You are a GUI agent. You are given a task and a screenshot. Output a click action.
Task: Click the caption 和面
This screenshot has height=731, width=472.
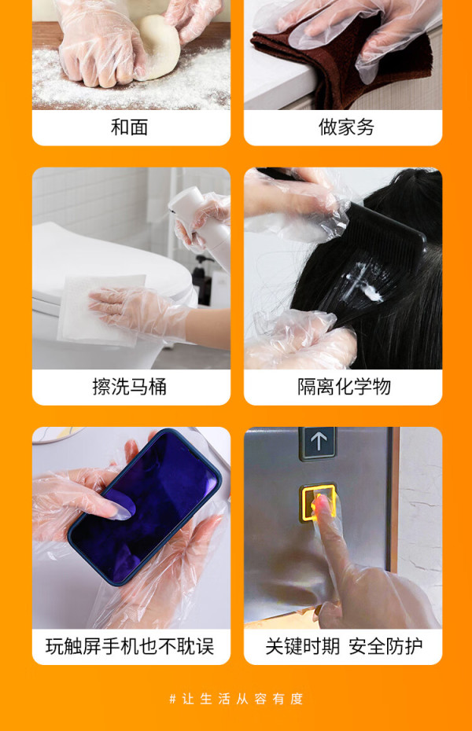pos(129,127)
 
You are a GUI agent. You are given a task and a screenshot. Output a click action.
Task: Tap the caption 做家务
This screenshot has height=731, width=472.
pos(346,127)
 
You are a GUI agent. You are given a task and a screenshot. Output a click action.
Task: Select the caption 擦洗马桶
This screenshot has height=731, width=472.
pos(129,387)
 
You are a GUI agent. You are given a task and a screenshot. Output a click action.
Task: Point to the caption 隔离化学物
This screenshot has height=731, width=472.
pos(345,387)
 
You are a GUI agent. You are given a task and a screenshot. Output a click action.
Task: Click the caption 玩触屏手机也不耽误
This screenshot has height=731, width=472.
pos(130,647)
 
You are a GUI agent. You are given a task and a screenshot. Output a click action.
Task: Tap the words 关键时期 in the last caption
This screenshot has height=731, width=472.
pos(302,647)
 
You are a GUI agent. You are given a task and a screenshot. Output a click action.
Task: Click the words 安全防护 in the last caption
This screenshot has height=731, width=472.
pos(385,647)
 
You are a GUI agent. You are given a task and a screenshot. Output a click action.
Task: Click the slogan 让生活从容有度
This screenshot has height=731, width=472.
pos(242,699)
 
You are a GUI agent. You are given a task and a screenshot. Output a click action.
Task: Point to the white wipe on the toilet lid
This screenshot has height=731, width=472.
pos(100,310)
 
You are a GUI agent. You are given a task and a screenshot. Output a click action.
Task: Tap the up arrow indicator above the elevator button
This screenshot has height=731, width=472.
pos(319,440)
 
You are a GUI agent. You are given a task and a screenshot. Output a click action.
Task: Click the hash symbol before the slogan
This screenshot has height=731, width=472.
pos(172,699)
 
